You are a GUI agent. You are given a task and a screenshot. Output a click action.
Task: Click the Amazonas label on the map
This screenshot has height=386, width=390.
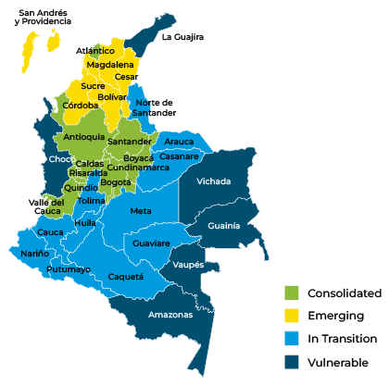170,315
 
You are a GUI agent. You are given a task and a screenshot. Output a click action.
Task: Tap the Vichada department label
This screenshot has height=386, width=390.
214,181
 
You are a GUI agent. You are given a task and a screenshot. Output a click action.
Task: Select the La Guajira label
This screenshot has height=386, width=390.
182,37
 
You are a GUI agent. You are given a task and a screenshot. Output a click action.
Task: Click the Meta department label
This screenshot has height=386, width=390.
141,211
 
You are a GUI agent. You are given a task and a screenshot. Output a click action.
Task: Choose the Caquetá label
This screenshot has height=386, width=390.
126,276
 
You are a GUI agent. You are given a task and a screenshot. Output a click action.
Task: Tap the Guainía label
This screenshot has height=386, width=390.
224,225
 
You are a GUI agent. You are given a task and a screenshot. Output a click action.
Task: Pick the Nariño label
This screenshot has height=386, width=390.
35,253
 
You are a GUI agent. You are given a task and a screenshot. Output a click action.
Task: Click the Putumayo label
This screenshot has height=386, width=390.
69,269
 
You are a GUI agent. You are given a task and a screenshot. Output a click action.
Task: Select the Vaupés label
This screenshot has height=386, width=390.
188,265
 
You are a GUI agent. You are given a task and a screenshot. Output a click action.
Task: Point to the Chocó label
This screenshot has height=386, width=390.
61,159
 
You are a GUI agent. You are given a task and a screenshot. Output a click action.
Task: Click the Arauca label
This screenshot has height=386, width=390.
179,142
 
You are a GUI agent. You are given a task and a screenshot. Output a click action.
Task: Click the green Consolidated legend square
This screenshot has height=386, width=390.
292,293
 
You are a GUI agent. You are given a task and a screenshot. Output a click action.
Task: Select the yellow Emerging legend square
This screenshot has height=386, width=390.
292,316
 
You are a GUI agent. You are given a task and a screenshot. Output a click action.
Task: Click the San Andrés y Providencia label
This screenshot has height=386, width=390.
38,17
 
